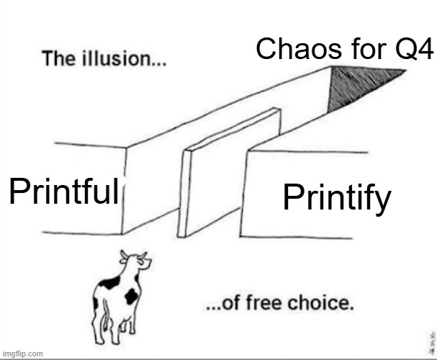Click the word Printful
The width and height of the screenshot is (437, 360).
pos(63,192)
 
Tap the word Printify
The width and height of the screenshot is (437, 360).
pos(336,198)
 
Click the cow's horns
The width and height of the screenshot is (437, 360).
pos(134,254)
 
